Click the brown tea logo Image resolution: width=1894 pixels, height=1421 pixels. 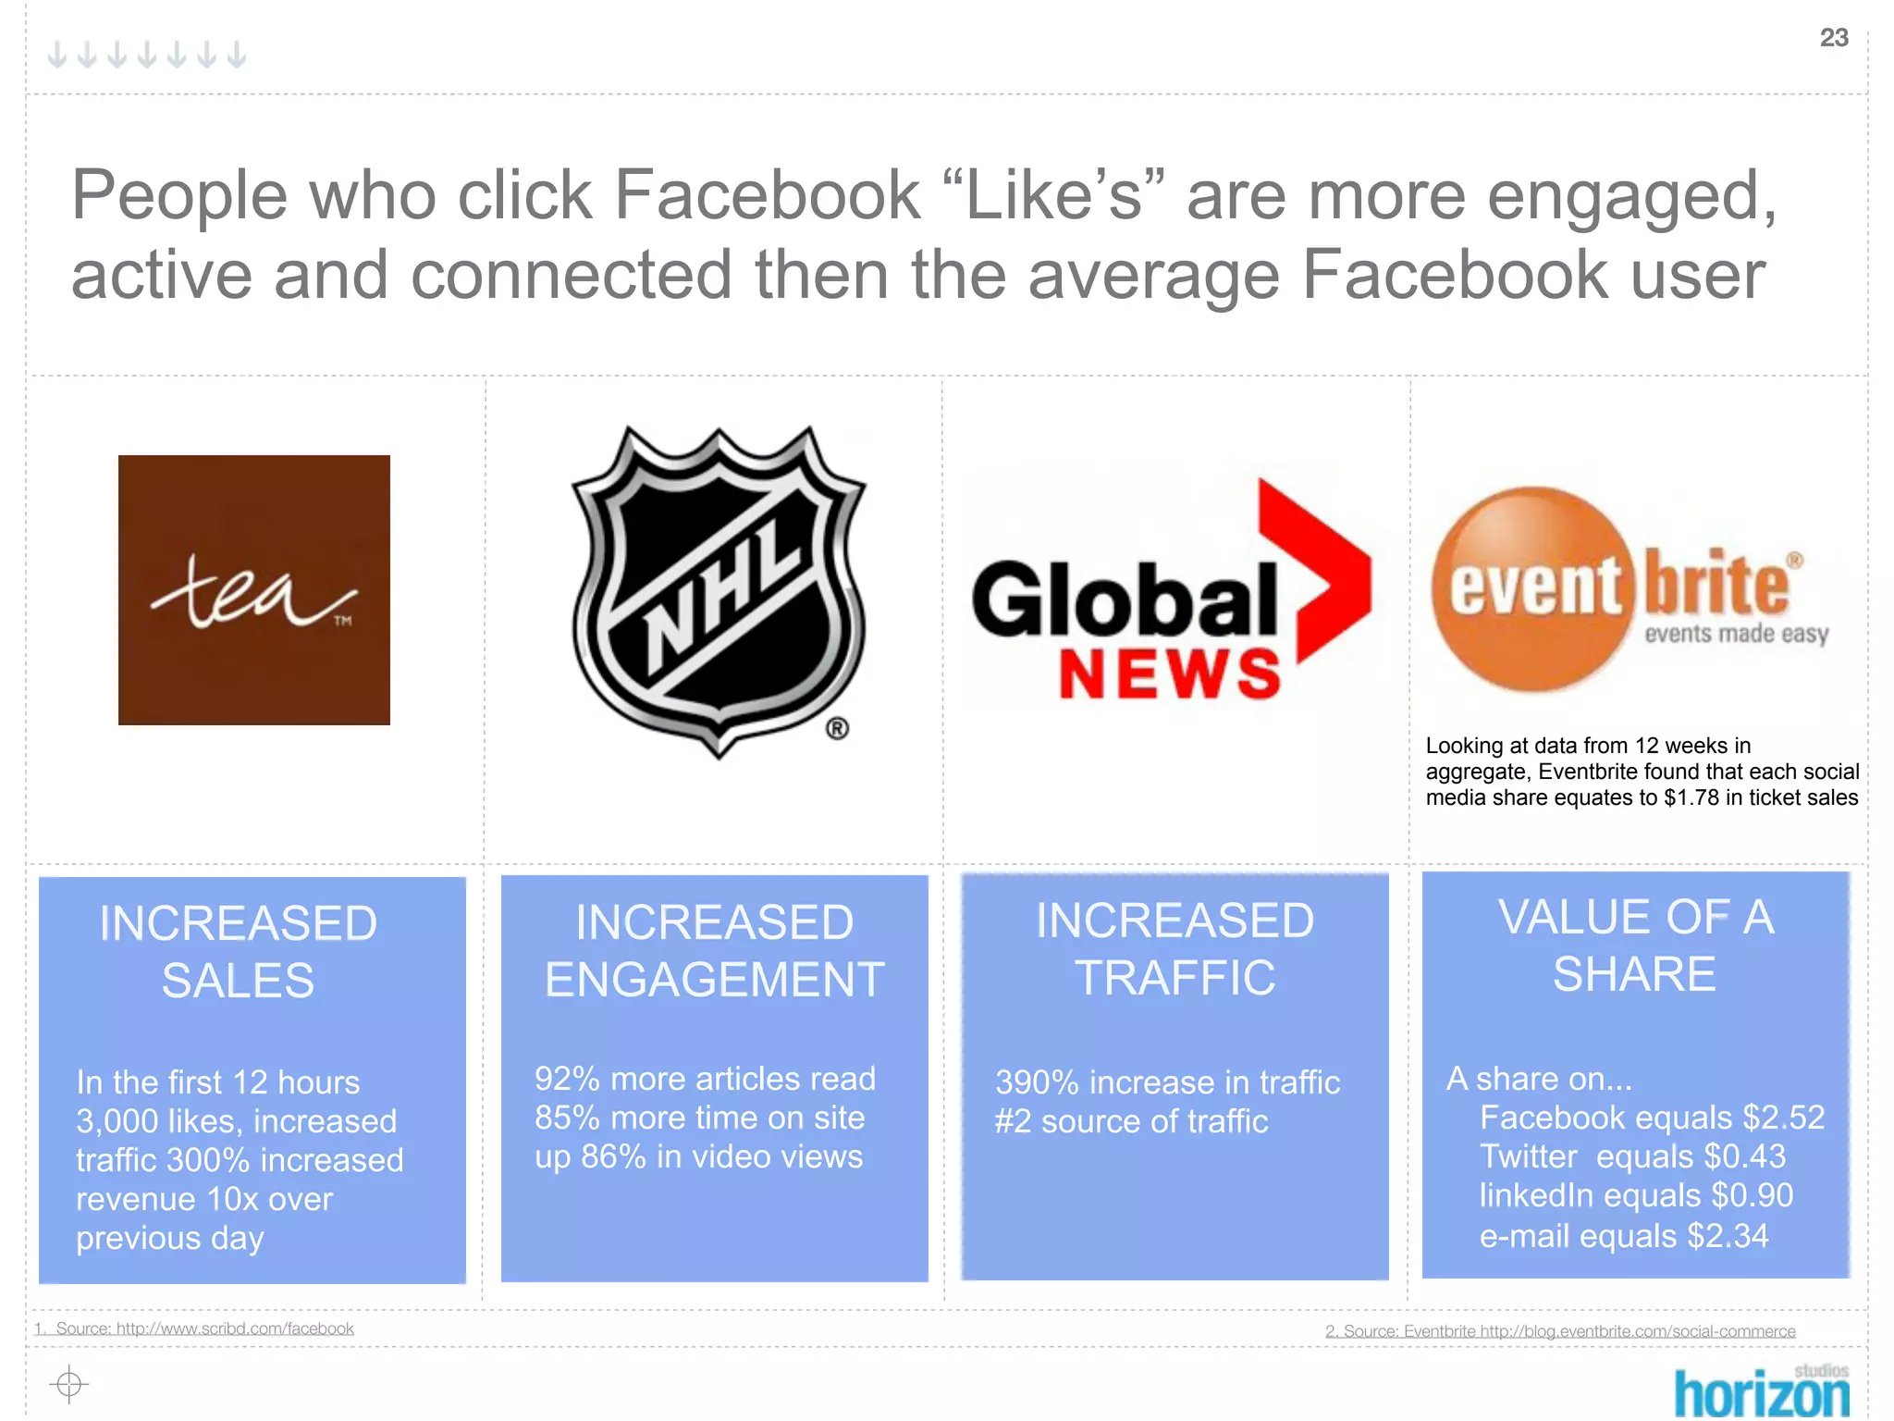(x=253, y=589)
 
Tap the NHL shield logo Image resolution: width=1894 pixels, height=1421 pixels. (x=719, y=589)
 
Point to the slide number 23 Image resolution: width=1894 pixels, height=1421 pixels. (x=1833, y=38)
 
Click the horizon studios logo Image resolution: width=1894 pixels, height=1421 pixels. (x=1761, y=1390)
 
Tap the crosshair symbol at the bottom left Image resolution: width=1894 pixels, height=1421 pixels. (x=68, y=1384)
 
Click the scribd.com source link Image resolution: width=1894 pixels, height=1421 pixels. (x=204, y=1328)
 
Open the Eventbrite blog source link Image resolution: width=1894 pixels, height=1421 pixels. (x=1560, y=1331)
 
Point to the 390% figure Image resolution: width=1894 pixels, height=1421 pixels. (x=1037, y=1082)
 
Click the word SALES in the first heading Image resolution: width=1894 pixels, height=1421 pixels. (x=238, y=981)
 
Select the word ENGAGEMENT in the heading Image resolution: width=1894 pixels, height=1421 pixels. (x=714, y=980)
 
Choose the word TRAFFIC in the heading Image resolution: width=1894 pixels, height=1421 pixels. (x=1175, y=978)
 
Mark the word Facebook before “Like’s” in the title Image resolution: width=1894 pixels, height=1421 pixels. (x=767, y=195)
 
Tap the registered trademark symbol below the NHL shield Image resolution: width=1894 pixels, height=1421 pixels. (x=837, y=729)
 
